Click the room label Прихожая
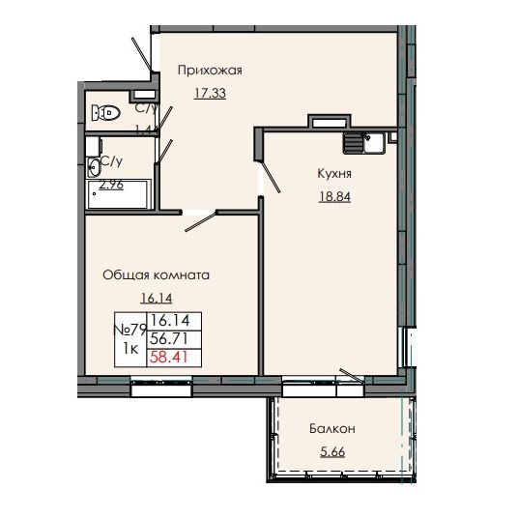[208, 70]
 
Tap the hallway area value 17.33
[210, 94]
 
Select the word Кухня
[333, 174]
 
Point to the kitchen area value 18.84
[333, 198]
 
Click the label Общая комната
[156, 274]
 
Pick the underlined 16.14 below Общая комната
[157, 300]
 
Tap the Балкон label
[333, 428]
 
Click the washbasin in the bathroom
[94, 162]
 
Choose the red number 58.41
[170, 358]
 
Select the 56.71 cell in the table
[170, 338]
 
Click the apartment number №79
[129, 329]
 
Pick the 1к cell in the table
[129, 349]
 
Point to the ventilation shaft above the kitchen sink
[326, 122]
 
